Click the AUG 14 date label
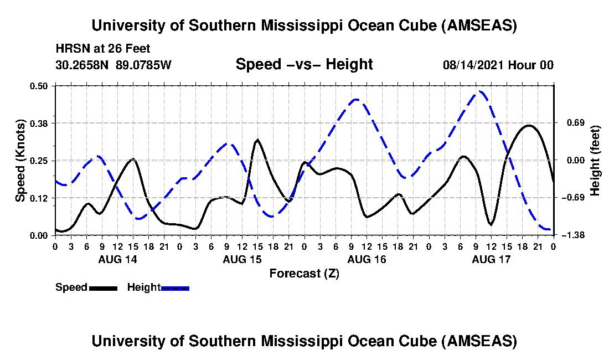[x=117, y=259]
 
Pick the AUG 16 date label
[x=367, y=259]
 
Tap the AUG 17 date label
[x=491, y=259]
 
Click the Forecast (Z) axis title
[x=304, y=274]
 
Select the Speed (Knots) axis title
[x=20, y=160]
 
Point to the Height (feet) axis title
[x=595, y=161]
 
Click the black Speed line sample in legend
[x=103, y=288]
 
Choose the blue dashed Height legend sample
[x=175, y=288]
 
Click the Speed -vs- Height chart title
[x=304, y=64]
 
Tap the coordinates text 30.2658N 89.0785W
[x=113, y=65]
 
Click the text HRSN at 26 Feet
[x=103, y=49]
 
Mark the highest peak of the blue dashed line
[x=480, y=91]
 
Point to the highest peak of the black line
[x=529, y=126]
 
